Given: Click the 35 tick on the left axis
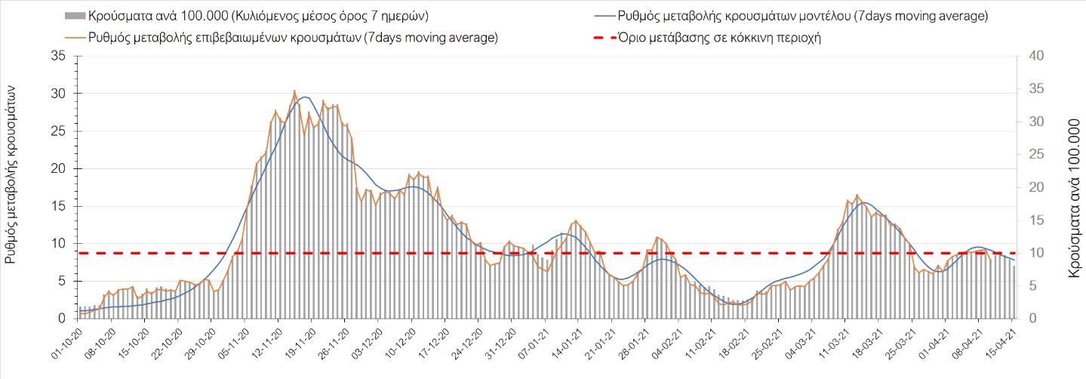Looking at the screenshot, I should [x=57, y=56].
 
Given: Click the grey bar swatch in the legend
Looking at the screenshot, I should [x=75, y=16].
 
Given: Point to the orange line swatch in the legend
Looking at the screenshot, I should [x=75, y=38].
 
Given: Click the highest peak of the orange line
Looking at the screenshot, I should [x=294, y=91].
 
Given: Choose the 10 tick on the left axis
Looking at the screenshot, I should [x=57, y=243].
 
